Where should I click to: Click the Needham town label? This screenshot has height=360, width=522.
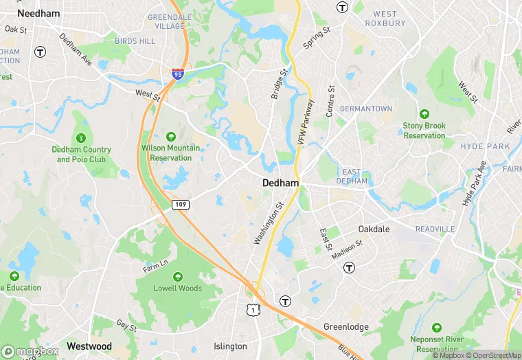pos(38,13)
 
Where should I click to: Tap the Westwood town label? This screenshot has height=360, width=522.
pos(89,346)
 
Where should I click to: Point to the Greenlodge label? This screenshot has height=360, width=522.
pos(346,326)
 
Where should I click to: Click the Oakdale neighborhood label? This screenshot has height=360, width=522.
pos(374,229)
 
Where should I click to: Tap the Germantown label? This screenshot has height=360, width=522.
pos(366,109)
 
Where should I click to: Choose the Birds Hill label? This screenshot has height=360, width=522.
pos(135,41)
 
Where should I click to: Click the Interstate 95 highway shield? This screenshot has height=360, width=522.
pos(178,73)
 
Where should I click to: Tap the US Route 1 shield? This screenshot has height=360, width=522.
pos(254,310)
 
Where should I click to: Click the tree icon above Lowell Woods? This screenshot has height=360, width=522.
pos(178,276)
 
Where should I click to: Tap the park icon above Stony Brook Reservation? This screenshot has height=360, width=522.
pos(424,113)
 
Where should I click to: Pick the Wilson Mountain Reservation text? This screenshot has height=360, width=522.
pos(171,153)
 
